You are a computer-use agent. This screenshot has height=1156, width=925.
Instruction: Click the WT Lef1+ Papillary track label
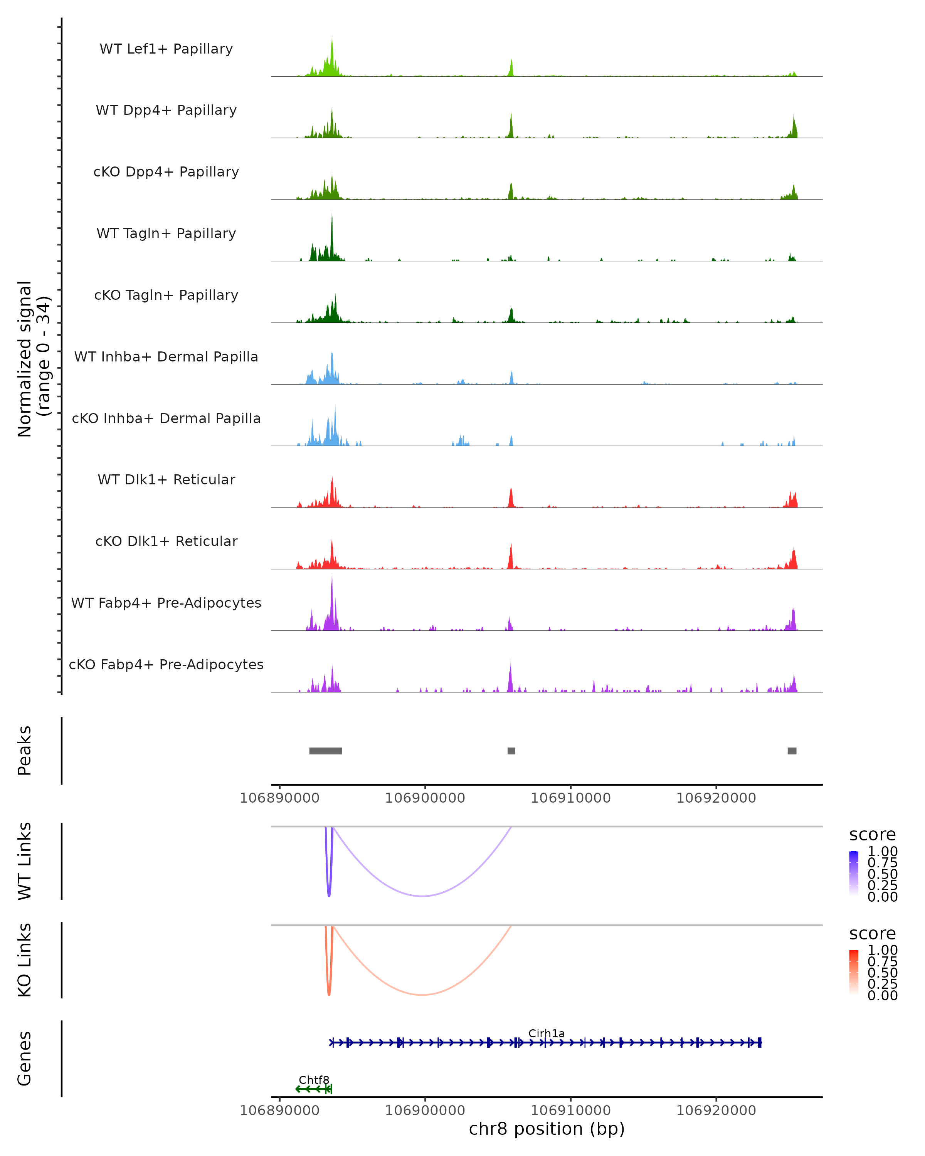[166, 49]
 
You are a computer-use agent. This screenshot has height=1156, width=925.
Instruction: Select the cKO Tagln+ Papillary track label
[166, 295]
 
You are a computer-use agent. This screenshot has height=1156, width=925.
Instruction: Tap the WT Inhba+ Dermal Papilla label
[166, 356]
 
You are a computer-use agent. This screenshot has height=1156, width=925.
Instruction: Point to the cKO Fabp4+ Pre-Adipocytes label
[166, 664]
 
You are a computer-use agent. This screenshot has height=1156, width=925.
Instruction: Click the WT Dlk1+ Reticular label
[166, 479]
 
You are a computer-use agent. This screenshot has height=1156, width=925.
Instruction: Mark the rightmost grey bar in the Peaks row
[792, 751]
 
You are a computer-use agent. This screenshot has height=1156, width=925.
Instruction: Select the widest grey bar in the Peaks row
[326, 751]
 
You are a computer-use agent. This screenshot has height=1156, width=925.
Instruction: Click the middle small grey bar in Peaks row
[511, 751]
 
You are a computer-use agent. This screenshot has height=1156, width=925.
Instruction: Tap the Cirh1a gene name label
[547, 1033]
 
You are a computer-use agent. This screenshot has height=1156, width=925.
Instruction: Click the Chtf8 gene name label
[314, 1080]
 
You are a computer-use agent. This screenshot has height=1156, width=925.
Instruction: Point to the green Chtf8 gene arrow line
[314, 1089]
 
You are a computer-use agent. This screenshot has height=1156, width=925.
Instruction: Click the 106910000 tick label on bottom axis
[570, 1111]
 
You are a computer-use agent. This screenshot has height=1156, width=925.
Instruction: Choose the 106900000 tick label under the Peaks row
[425, 798]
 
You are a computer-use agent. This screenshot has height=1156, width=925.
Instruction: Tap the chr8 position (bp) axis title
[547, 1129]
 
